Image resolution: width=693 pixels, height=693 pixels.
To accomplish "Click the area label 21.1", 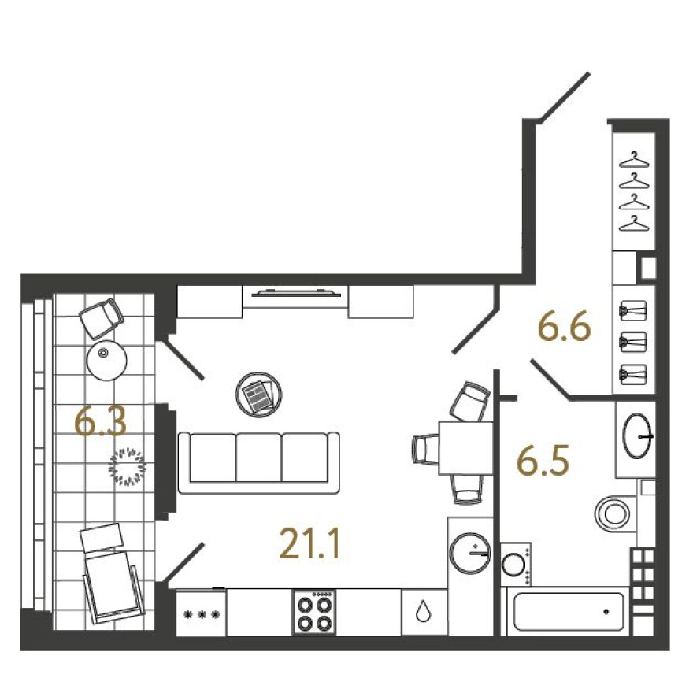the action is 310,543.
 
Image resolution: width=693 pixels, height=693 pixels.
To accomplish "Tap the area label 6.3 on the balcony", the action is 102,421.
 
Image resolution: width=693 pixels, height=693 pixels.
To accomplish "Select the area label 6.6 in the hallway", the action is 565,327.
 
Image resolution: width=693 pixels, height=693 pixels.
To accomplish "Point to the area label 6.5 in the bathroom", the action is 543,461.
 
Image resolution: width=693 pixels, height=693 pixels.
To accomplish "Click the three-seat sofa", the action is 258,462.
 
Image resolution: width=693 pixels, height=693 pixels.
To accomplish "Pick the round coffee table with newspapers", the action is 259,393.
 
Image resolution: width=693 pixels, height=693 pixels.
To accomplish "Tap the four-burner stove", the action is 314,612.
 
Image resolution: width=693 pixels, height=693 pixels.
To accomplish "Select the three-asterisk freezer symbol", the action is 201,614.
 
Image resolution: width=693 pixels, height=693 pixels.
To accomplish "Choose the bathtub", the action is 569,611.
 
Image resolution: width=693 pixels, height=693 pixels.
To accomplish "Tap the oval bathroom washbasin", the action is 638,435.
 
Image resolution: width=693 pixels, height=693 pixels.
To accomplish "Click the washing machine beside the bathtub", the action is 516,565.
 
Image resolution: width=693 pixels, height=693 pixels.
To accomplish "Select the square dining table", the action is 466,448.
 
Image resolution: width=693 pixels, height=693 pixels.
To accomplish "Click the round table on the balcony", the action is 106,360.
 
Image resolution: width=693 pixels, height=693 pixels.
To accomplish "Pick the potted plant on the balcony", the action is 128,467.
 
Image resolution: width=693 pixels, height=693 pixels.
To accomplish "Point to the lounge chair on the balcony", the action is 113,573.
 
